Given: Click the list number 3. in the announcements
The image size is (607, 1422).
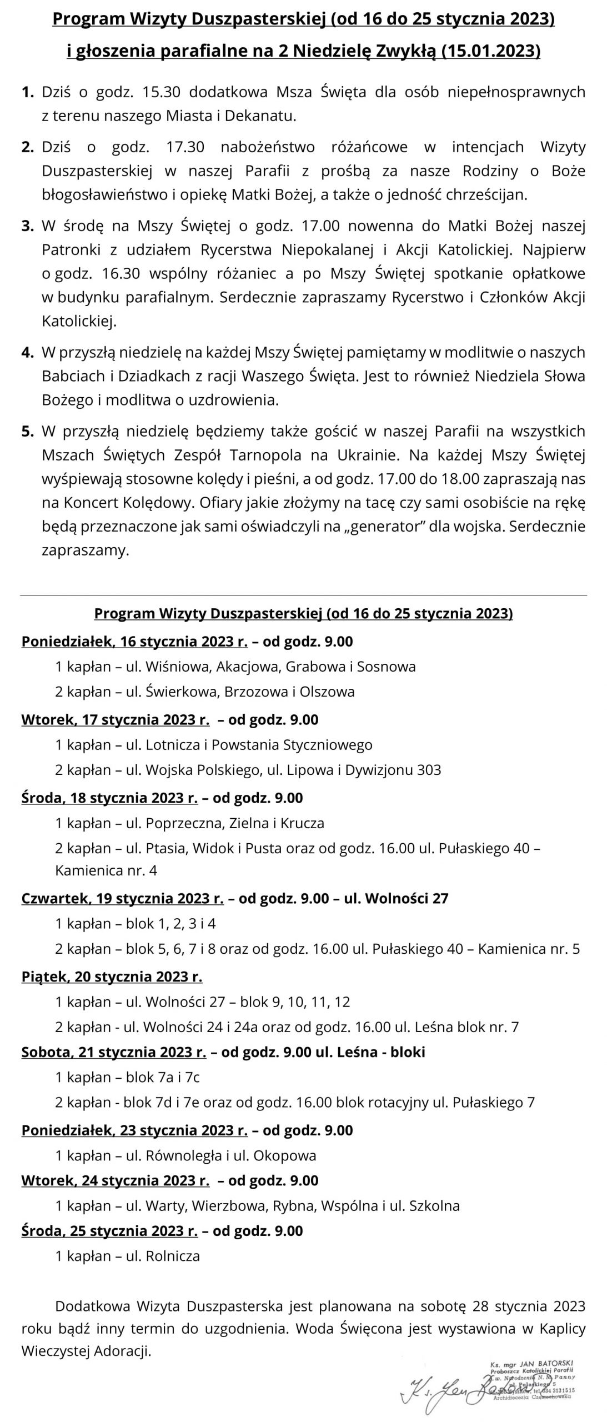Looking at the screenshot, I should coord(27,226).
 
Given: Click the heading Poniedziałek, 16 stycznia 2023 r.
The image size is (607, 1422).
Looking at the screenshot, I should coord(134,642).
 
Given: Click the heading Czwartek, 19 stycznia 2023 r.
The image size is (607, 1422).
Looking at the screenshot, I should coord(122,898).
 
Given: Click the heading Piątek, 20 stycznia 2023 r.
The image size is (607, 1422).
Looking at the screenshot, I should coord(112,977).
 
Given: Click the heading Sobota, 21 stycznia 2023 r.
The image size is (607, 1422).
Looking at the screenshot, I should coord(113,1052).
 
